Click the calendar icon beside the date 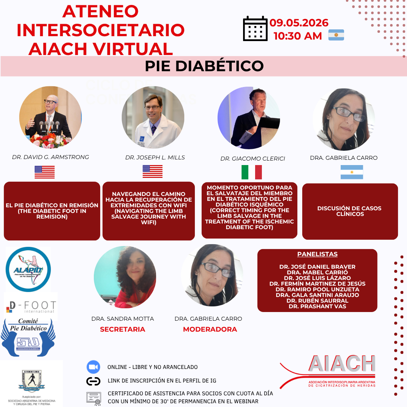click(255, 29)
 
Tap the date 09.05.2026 click(299, 23)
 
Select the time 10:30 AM click(298, 36)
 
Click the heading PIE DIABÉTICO click(204, 66)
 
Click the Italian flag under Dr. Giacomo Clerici click(252, 172)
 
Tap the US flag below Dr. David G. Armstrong click(44, 172)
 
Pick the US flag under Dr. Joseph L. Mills click(152, 171)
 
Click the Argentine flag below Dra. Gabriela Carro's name click(352, 172)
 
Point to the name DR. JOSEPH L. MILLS click(155, 158)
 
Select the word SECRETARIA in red click(122, 329)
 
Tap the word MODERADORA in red click(210, 329)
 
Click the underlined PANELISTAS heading click(317, 254)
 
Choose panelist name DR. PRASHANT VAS click(317, 306)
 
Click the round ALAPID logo click(28, 269)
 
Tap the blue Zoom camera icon click(93, 367)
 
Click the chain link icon click(93, 381)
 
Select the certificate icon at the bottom click(93, 397)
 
